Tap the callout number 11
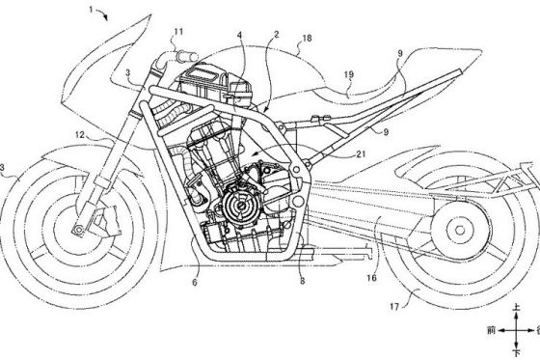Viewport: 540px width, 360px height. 180,31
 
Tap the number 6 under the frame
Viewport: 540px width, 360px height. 195,282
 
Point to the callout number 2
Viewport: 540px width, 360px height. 278,33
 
